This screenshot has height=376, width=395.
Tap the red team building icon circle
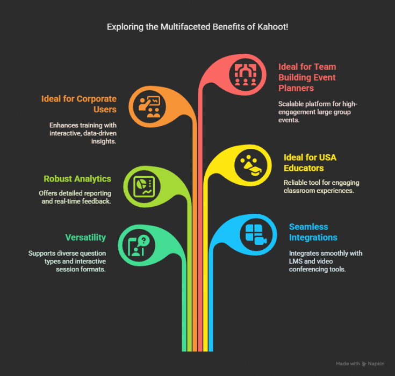pyautogui.click(x=245, y=75)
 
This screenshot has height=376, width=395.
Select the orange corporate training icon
pyautogui.click(x=149, y=106)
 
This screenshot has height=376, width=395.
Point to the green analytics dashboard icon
pyautogui.click(x=144, y=186)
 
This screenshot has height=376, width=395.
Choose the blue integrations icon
pyautogui.click(x=256, y=235)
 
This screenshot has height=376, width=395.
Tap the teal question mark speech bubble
pyautogui.click(x=143, y=241)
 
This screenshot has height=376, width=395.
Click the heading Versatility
pyautogui.click(x=85, y=237)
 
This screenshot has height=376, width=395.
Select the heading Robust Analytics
pyautogui.click(x=77, y=179)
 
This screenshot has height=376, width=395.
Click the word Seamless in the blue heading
pyautogui.click(x=308, y=227)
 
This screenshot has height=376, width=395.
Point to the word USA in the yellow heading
pyautogui.click(x=328, y=157)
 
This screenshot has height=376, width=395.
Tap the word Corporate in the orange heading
pyautogui.click(x=97, y=99)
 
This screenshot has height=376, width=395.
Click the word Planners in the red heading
pyautogui.click(x=296, y=88)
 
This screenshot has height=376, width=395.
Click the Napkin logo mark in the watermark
pyautogui.click(x=364, y=364)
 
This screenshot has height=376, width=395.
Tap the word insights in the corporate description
pyautogui.click(x=104, y=141)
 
